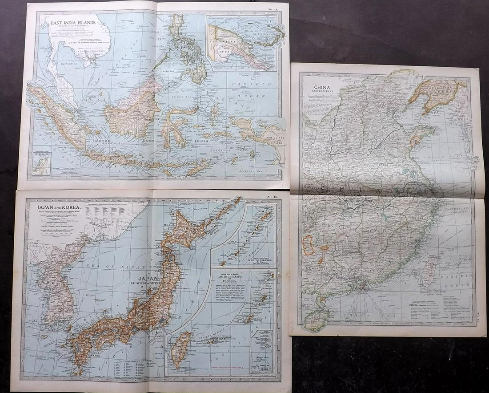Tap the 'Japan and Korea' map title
(x=53, y=207)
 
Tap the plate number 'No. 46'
(x=271, y=196)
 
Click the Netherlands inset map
(x=41, y=163)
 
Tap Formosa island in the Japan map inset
(x=181, y=349)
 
